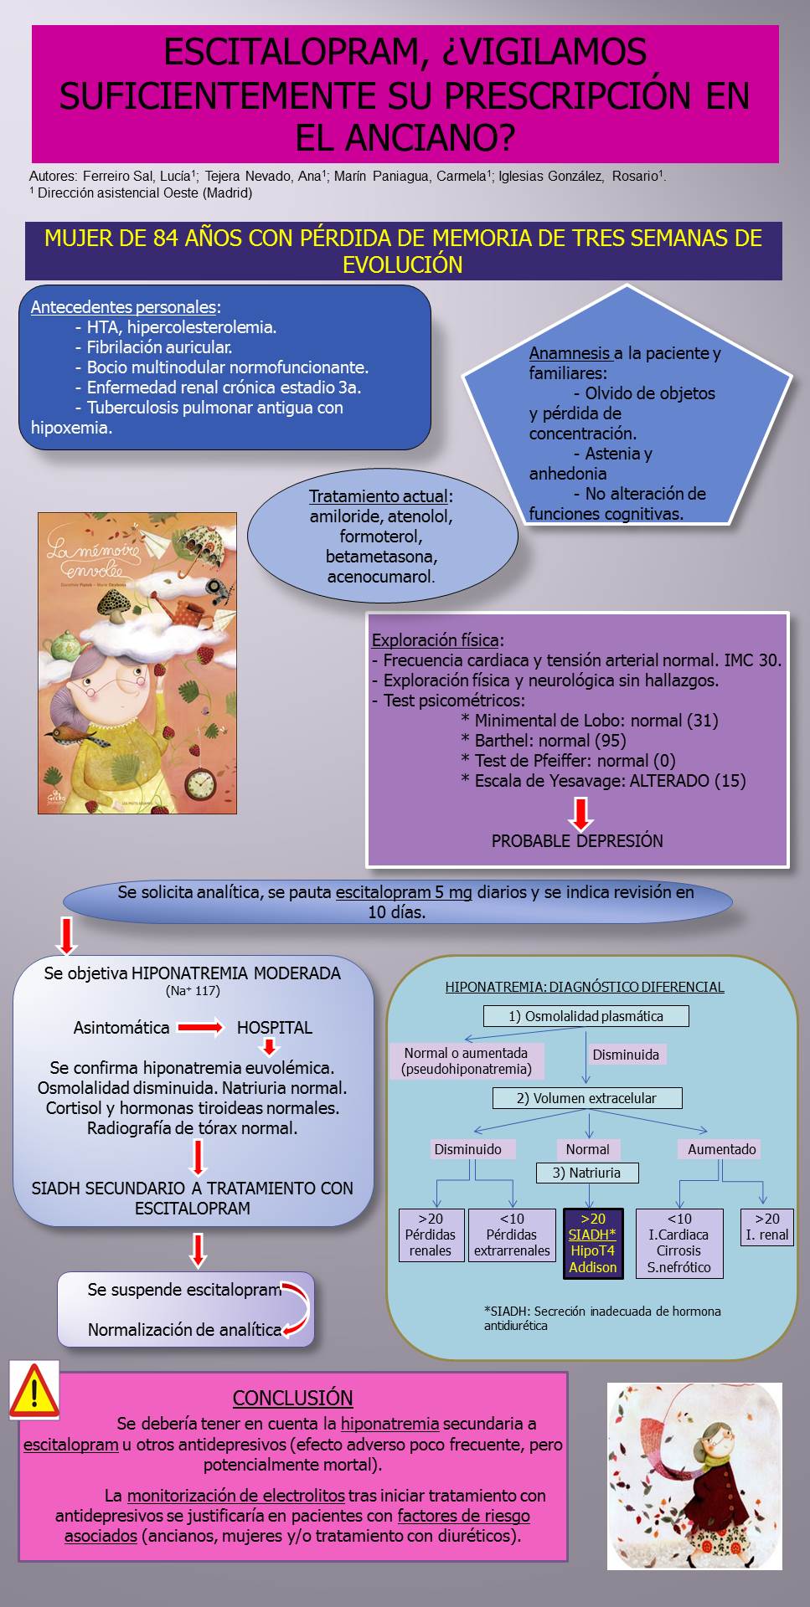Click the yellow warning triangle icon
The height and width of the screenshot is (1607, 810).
pos(34,1390)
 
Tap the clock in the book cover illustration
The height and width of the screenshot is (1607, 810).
pos(200,782)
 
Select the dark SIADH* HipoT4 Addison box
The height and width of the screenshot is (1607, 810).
pos(593,1243)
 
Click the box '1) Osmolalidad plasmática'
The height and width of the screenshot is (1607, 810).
pos(586,1016)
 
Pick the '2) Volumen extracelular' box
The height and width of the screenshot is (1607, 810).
pos(587,1098)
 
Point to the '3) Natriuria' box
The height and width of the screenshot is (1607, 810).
pos(587,1173)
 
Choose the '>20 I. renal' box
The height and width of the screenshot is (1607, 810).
pos(767,1227)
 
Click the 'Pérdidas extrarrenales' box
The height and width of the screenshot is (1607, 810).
pos(512,1235)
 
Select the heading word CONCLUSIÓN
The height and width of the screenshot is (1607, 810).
pos(292,1398)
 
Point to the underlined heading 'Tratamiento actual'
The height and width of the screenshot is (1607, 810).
pos(381,496)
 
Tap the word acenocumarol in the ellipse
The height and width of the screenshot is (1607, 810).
pos(381,577)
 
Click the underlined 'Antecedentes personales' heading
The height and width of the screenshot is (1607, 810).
pos(126,307)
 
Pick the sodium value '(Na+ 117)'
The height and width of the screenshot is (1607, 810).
pos(193,991)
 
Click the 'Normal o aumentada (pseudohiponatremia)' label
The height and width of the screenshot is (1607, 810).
pos(467,1061)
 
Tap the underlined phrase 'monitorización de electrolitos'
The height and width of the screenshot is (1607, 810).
pos(236,1495)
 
